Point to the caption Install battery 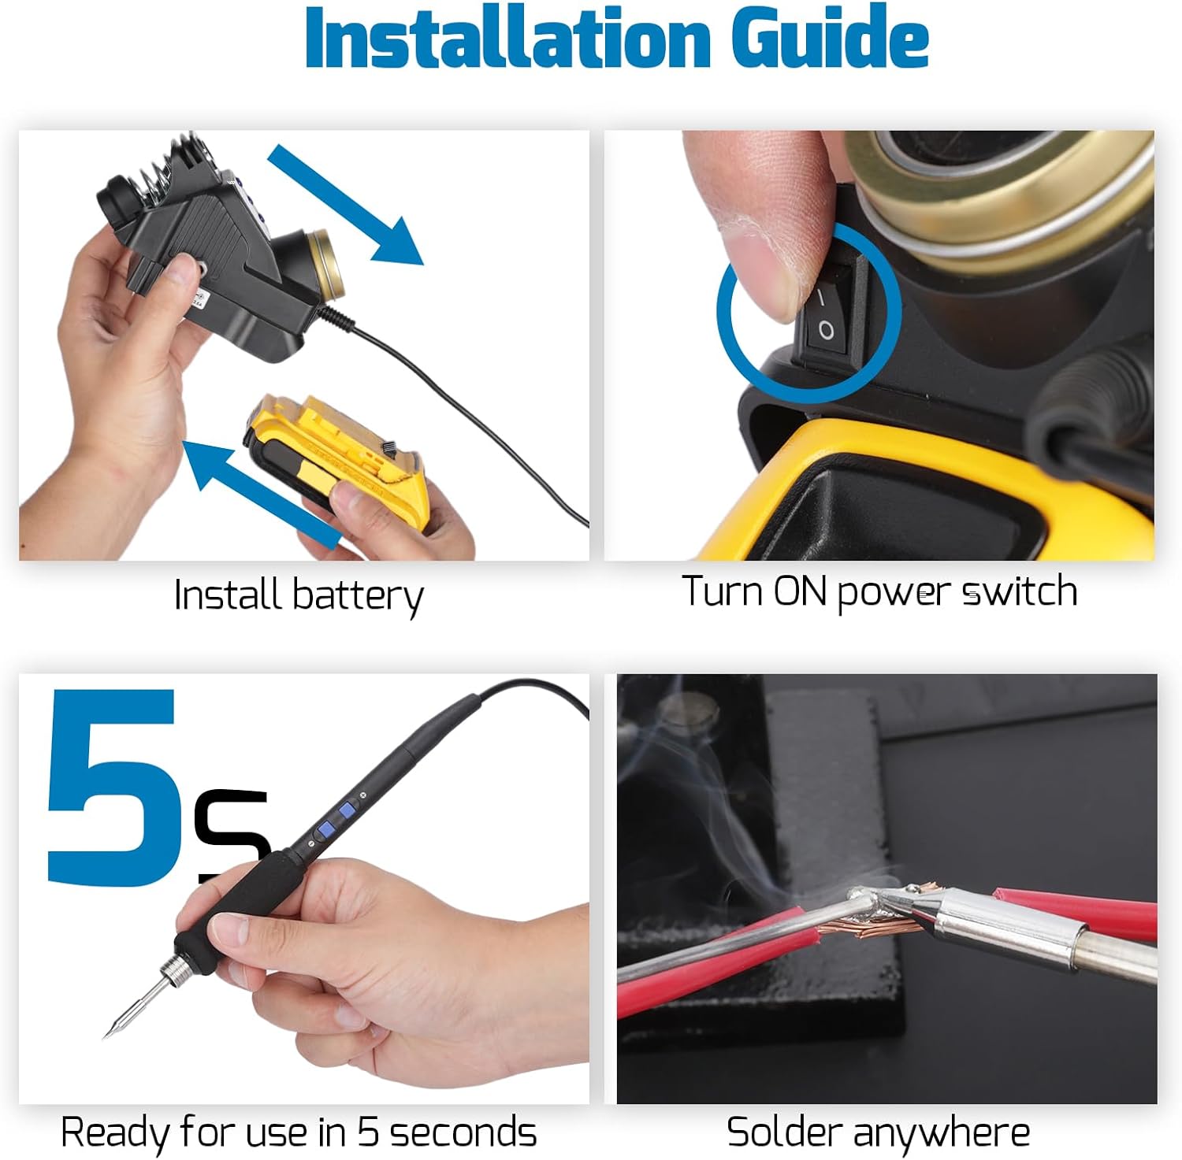tap(298, 595)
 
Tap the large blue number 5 tap(110, 788)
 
